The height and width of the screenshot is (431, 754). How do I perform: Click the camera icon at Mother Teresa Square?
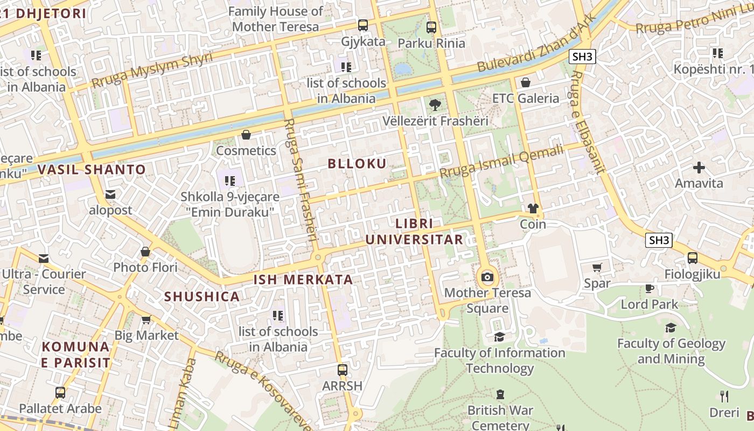pos(487,277)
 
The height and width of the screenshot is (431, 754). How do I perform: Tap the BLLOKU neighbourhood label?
pos(357,164)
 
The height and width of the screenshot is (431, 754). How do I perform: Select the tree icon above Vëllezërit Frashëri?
pos(435,105)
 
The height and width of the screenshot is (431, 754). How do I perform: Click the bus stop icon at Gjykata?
pos(363,25)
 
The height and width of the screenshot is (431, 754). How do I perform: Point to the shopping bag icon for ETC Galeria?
pos(526,82)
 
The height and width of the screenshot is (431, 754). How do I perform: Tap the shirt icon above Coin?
pos(533,208)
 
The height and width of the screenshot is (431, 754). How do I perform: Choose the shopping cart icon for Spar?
pos(597,268)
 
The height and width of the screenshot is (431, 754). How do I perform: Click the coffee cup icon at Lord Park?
pos(650,288)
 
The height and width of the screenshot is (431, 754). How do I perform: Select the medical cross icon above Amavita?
pos(699,168)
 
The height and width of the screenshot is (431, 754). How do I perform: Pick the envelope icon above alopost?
pos(110,194)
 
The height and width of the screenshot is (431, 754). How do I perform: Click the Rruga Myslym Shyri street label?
pos(152,71)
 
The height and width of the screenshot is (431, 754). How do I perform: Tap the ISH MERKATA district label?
pos(303,280)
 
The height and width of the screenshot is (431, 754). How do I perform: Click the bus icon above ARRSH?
pos(343,370)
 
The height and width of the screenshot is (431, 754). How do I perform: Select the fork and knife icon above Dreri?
pos(724,397)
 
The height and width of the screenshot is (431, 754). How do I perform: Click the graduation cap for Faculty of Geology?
pos(671,328)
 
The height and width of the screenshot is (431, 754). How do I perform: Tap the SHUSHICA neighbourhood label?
pos(202,297)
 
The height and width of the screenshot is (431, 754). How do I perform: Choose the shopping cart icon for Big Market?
pos(146,320)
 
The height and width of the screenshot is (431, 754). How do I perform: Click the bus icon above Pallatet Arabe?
pos(60,393)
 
